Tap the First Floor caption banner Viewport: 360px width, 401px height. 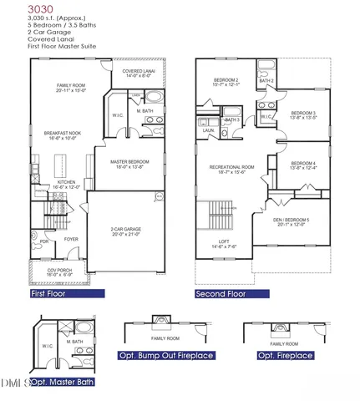pyautogui.click(x=67, y=294)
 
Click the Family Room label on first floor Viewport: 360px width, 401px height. pyautogui.click(x=71, y=88)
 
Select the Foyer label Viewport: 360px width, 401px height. pyautogui.click(x=71, y=238)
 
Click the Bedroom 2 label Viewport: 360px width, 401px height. pyautogui.click(x=226, y=82)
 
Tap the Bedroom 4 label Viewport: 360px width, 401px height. pyautogui.click(x=302, y=166)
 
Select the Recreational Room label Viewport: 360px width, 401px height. pyautogui.click(x=231, y=170)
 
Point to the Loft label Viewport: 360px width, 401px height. pyautogui.click(x=223, y=244)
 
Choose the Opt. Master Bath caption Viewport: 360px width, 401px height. pyautogui.click(x=64, y=381)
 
